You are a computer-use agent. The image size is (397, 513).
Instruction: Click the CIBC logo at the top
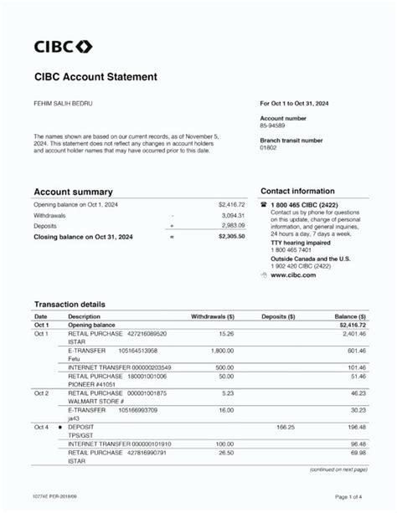tap(63, 46)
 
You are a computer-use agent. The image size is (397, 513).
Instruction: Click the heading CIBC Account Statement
tap(95, 77)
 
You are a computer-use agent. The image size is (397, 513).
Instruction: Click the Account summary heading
tap(73, 192)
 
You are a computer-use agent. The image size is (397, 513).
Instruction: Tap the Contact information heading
tap(297, 191)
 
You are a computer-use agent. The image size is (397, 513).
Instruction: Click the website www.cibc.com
tap(293, 274)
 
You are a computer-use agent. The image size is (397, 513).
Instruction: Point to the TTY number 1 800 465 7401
tap(290, 250)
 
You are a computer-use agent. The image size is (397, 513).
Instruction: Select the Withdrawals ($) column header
tap(213, 317)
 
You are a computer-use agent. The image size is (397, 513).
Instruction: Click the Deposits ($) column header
tap(278, 317)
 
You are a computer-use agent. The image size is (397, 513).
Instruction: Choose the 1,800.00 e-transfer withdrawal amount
tap(222, 351)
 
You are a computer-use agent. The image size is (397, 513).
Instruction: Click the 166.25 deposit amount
tap(285, 427)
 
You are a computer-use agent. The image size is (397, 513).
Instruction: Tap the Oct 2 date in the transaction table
tap(41, 392)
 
